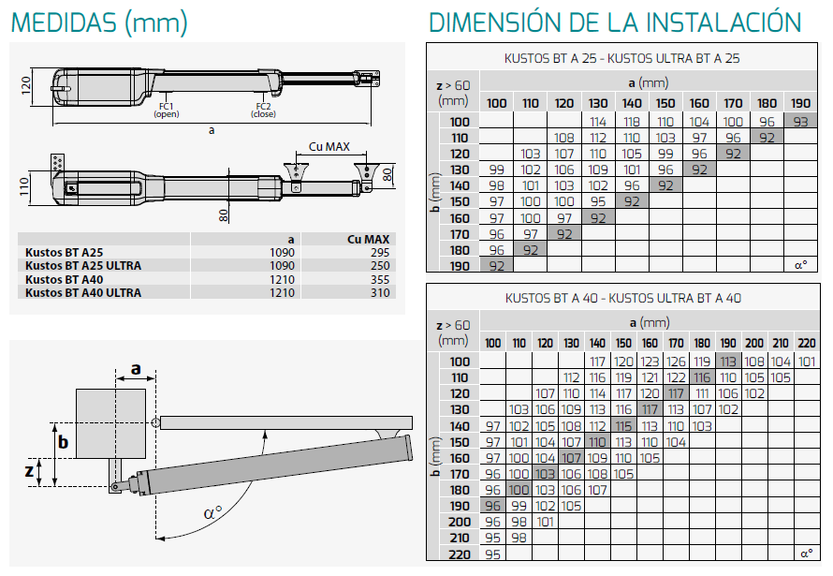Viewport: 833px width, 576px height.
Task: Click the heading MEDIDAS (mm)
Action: tap(99, 22)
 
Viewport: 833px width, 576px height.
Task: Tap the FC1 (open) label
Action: tap(167, 110)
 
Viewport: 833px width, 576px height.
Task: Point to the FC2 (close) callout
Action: tap(264, 110)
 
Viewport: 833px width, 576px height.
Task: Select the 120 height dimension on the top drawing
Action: tap(26, 85)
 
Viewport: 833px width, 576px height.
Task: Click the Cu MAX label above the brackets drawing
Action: tap(329, 147)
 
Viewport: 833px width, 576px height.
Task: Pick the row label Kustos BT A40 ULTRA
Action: tap(83, 293)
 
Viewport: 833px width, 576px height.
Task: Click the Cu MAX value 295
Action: tap(380, 252)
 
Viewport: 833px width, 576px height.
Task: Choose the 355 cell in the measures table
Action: tap(380, 279)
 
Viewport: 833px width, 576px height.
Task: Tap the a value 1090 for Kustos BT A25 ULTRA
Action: tap(282, 266)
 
